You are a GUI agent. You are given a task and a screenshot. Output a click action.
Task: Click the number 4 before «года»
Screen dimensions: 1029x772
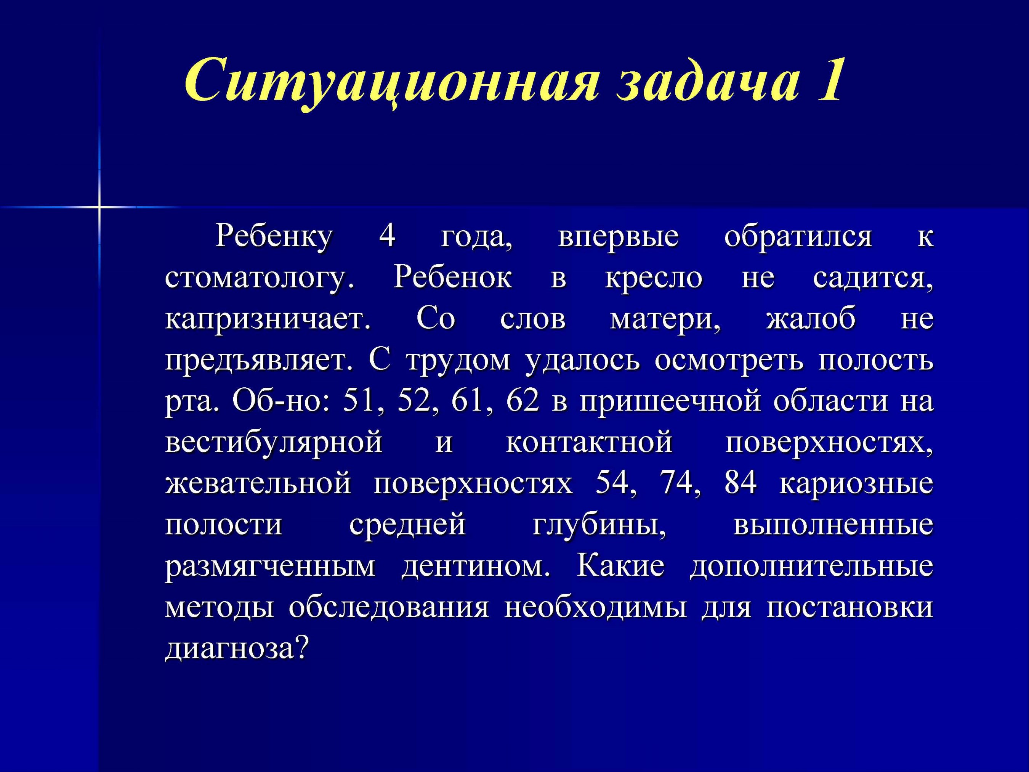point(387,236)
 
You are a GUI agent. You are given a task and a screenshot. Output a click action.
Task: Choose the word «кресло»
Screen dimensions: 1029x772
point(654,279)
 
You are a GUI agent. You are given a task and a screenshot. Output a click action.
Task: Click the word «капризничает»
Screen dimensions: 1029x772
point(268,320)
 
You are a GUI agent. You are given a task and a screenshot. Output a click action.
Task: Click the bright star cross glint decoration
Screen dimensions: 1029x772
point(99,207)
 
